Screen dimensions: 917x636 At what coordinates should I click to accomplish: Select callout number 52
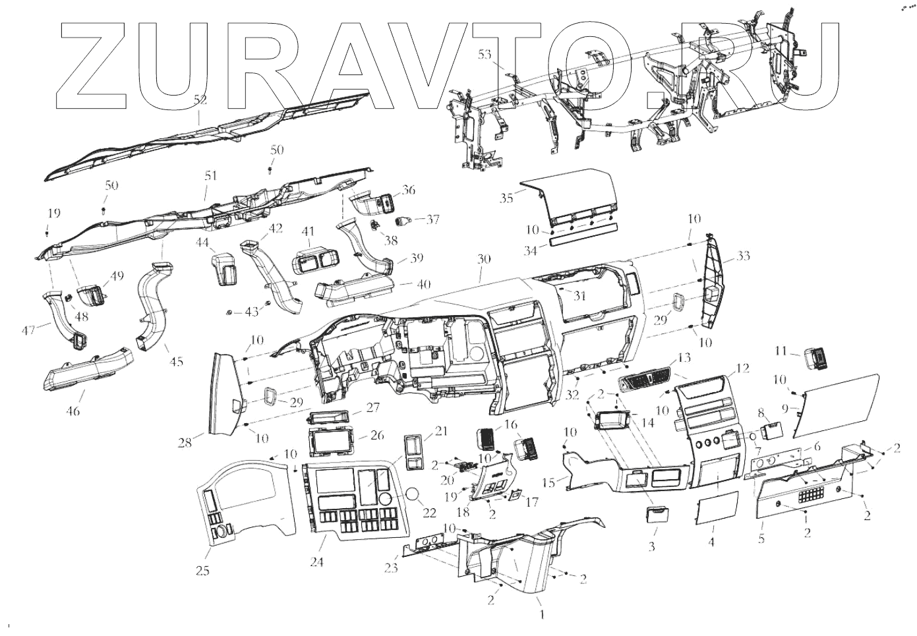pyautogui.click(x=200, y=100)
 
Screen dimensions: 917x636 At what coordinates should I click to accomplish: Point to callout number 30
pyautogui.click(x=485, y=260)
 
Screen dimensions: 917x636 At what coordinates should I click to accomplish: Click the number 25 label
pyautogui.click(x=203, y=571)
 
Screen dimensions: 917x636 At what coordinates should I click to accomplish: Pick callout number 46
pyautogui.click(x=73, y=411)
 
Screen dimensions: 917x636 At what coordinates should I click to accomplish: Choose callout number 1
pyautogui.click(x=542, y=615)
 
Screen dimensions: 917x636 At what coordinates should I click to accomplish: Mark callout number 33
pyautogui.click(x=726, y=255)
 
